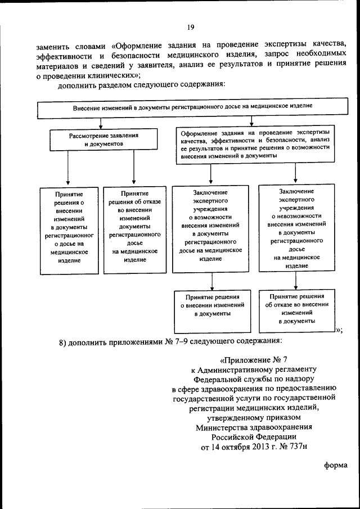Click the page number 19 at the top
[x=191, y=26]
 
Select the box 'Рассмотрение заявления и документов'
[x=103, y=139]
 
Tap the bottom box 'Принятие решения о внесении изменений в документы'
[x=210, y=305]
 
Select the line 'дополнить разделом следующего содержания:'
[x=141, y=85]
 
